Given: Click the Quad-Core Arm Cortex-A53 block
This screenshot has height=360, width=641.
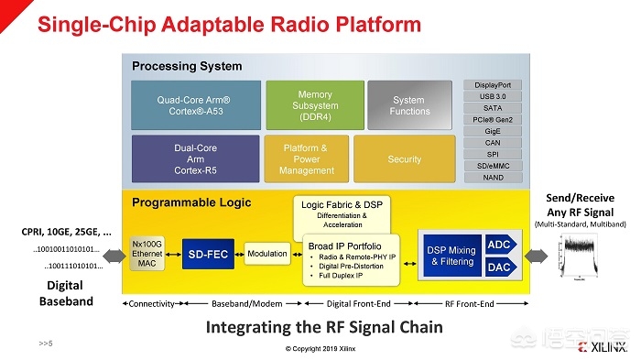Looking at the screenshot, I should (x=195, y=104).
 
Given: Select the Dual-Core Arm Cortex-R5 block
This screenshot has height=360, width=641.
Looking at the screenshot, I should (x=195, y=158).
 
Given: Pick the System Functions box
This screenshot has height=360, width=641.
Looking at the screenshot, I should (x=408, y=105).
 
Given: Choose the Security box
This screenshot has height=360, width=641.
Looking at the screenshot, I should (x=404, y=158).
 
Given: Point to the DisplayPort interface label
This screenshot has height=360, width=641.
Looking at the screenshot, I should (x=493, y=85).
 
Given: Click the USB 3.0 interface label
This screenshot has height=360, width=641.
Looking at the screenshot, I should (x=493, y=96).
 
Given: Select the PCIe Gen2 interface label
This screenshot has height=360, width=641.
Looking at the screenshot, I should (x=493, y=119).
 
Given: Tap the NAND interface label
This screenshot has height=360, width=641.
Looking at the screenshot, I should (x=493, y=177).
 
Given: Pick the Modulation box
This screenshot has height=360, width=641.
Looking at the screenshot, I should (x=267, y=252).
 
